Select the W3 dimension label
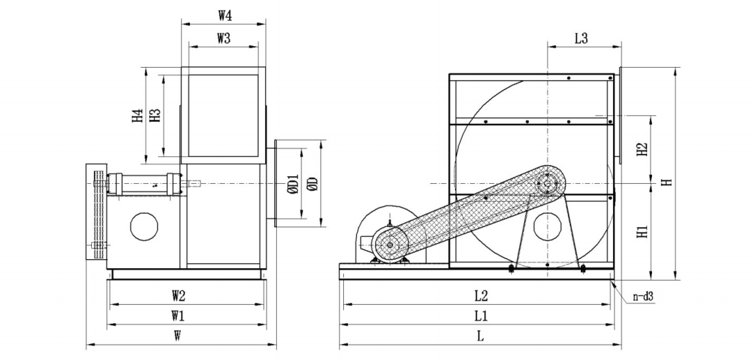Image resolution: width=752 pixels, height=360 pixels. (224, 39)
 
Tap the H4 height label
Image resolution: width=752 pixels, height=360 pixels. (138, 115)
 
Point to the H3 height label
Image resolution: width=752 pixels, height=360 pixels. (155, 115)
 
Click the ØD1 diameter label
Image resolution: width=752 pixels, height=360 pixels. (293, 184)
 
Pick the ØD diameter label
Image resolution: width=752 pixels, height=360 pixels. (313, 184)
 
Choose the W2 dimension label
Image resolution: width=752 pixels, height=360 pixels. (178, 296)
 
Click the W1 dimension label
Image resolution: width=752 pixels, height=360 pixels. (178, 316)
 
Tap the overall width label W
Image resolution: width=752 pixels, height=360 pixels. (177, 336)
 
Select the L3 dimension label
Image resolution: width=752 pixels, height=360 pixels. (581, 39)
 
